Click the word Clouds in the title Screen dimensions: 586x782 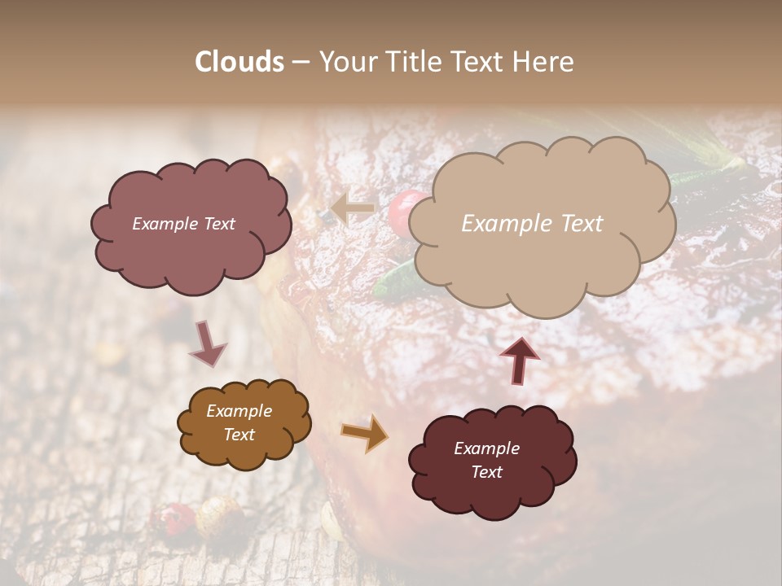click(x=239, y=62)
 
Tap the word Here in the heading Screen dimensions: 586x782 click(x=545, y=62)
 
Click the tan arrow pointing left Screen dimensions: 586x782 click(x=353, y=209)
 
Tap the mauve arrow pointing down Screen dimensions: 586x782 click(x=208, y=343)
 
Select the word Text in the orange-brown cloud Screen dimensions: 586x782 click(x=239, y=435)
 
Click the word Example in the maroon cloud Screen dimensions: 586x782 click(x=486, y=448)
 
